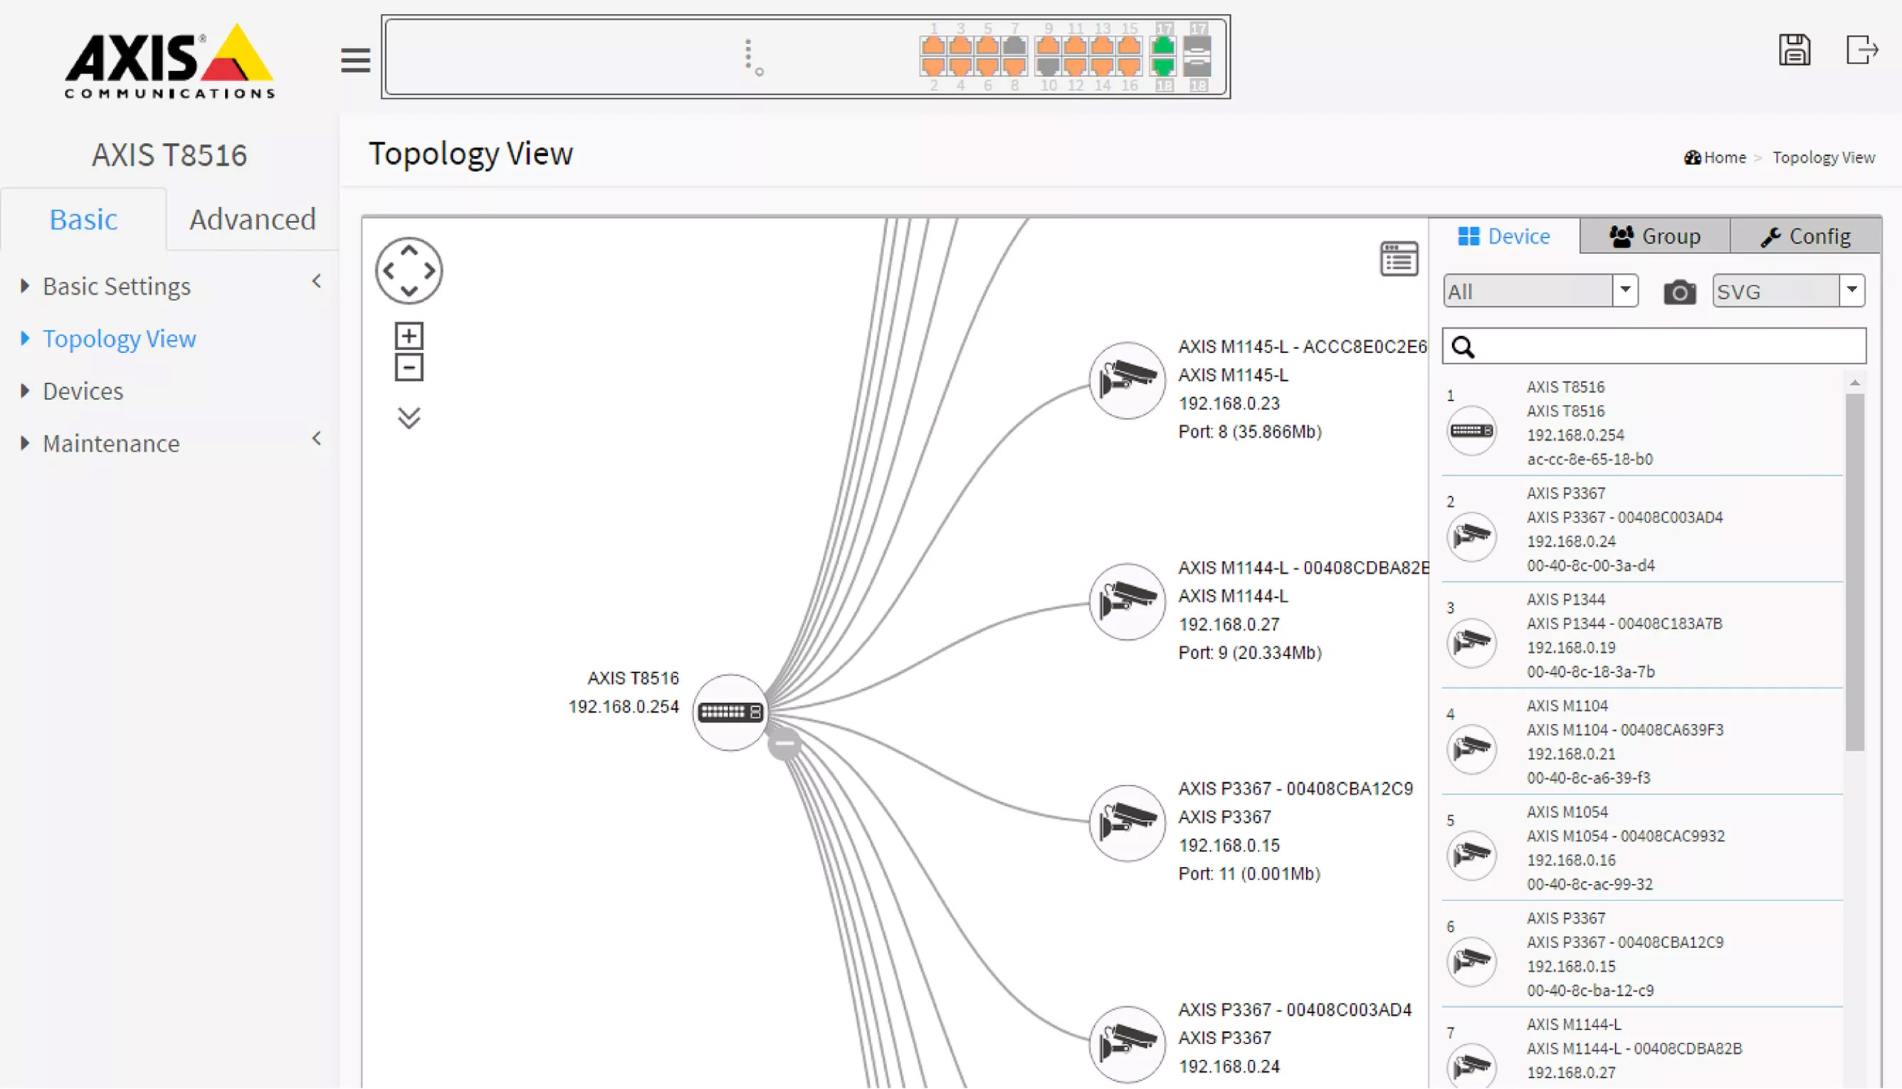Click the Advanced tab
coord(252,219)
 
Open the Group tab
coord(1654,236)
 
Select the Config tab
coord(1805,236)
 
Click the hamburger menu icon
coord(355,60)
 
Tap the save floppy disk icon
coord(1795,51)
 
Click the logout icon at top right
coord(1861,51)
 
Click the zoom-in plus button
coord(409,336)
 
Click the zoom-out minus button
coord(409,368)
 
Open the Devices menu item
coord(83,391)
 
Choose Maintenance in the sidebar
coord(111,443)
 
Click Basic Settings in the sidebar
coord(116,286)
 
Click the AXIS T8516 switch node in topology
coord(730,712)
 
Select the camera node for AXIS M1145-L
coord(1126,381)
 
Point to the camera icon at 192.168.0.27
coord(1126,601)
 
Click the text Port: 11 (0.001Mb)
coord(1249,873)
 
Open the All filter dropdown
coord(1540,291)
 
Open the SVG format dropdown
coord(1788,291)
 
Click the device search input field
coord(1654,347)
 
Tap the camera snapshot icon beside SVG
coord(1679,292)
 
